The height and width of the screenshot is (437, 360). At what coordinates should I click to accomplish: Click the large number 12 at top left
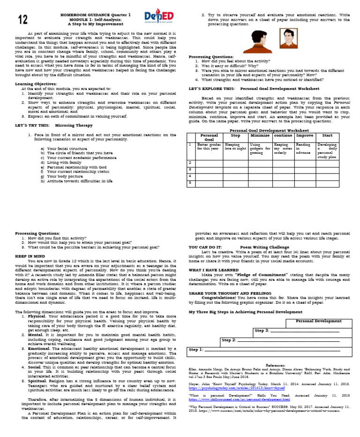tap(23, 20)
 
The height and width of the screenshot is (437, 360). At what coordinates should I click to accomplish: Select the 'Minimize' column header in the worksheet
tap(260, 136)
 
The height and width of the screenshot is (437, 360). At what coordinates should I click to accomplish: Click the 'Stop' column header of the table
tap(235, 136)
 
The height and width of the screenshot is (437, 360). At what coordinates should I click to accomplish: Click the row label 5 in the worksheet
tap(190, 183)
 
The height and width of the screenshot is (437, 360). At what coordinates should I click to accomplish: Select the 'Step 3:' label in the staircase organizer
tap(262, 331)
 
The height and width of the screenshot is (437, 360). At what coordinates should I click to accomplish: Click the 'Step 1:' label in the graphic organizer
tap(195, 349)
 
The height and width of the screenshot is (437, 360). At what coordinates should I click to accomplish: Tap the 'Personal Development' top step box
tap(318, 321)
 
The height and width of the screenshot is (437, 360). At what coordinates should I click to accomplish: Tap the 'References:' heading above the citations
tap(275, 364)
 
